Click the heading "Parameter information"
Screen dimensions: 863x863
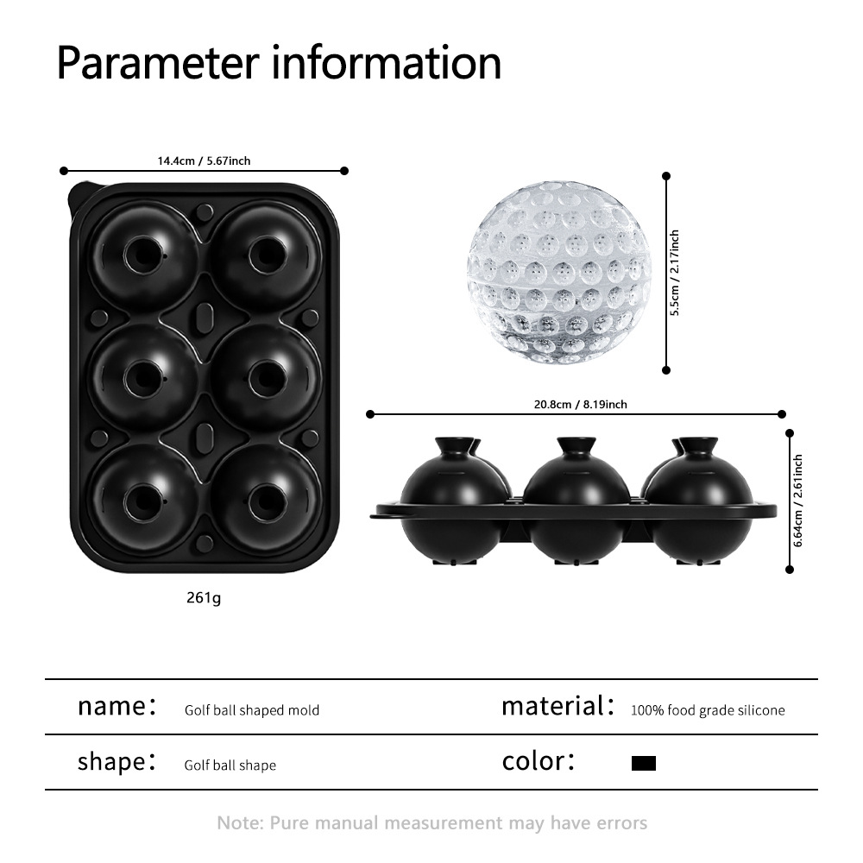(x=279, y=61)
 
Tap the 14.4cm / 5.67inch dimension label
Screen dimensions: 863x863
(x=204, y=160)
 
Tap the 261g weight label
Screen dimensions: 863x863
(x=204, y=597)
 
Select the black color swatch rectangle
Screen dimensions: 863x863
(x=644, y=763)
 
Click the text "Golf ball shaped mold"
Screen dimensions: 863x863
(x=252, y=710)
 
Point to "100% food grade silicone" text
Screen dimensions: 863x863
(x=708, y=710)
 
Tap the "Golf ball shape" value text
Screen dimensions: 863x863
(x=230, y=765)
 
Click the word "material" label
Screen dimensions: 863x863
(x=552, y=706)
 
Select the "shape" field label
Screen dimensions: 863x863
(x=110, y=762)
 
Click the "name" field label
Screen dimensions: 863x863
(x=110, y=706)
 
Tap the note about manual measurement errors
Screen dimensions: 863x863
(x=431, y=822)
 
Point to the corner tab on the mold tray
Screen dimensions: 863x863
(x=78, y=192)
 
